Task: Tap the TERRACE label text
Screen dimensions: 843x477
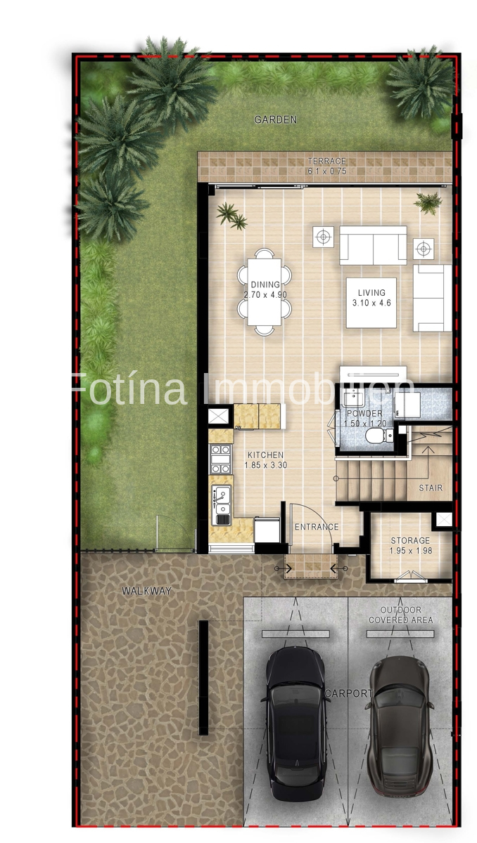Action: coord(326,162)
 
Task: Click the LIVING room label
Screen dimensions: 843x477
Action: coord(371,293)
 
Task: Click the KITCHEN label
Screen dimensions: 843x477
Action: coord(265,455)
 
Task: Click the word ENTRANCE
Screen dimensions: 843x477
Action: coord(316,527)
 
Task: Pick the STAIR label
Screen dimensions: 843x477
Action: coord(431,487)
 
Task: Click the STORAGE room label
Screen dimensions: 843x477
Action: coord(410,540)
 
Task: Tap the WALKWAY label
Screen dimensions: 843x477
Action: coord(146,592)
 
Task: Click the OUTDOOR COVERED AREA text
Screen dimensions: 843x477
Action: coord(400,615)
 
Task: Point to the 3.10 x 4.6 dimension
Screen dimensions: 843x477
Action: coord(371,303)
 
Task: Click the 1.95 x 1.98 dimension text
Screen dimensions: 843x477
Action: coord(410,551)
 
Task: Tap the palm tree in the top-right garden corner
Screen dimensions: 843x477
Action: coord(421,82)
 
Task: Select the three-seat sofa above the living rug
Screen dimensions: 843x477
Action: coord(373,245)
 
